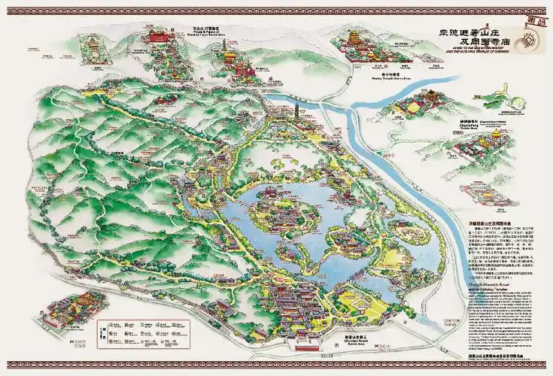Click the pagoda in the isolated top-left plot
coord(93,45)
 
